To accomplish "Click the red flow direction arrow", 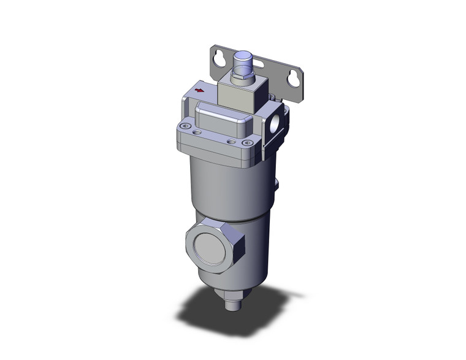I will click(199, 90).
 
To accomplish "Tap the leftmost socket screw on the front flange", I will click(181, 127).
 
